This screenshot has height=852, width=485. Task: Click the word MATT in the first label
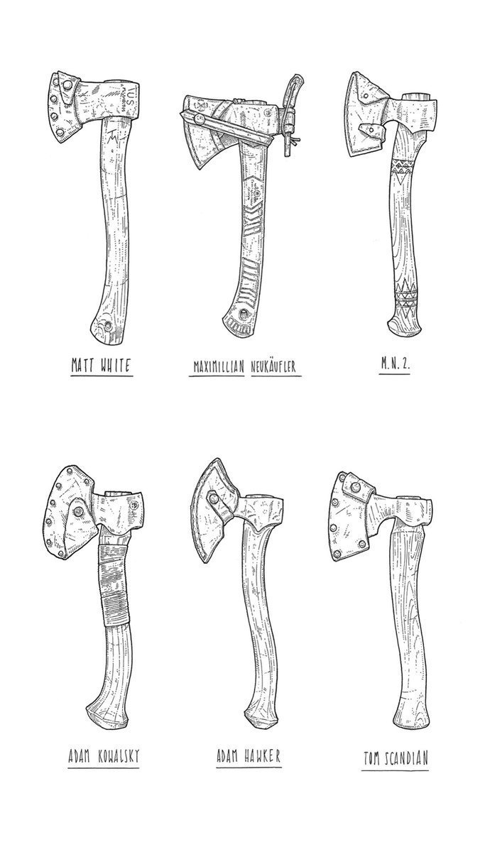82,366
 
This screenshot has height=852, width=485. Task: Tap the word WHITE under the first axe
116,366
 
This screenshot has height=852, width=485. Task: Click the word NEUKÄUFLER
273,367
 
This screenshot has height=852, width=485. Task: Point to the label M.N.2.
395,364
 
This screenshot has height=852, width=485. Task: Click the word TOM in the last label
371,799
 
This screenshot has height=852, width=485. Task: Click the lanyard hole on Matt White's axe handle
109,325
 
